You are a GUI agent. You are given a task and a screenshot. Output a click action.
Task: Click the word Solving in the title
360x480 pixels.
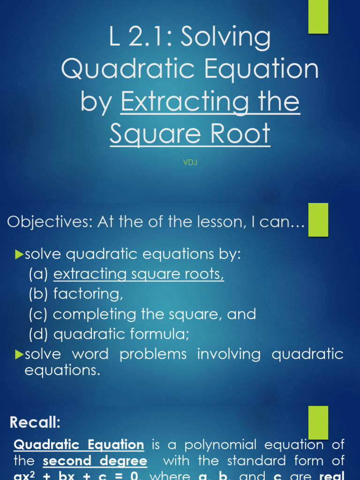(x=225, y=38)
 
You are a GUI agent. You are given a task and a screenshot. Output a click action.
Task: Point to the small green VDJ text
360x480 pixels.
(x=189, y=163)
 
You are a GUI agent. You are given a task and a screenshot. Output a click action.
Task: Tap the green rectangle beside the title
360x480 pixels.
(x=318, y=16)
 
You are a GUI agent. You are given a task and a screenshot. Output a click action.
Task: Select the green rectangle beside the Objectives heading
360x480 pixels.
(x=318, y=219)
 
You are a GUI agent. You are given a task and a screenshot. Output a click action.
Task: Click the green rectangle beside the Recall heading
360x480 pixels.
(x=318, y=422)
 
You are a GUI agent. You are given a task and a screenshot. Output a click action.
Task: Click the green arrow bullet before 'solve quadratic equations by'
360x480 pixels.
(x=19, y=255)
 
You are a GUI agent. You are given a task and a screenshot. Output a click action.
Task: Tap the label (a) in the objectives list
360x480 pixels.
(x=38, y=274)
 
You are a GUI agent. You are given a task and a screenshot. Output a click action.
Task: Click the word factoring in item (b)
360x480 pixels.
(x=88, y=294)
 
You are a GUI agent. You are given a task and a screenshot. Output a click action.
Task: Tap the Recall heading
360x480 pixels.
(x=35, y=422)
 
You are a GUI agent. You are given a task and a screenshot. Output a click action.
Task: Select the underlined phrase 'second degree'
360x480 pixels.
(x=95, y=461)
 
